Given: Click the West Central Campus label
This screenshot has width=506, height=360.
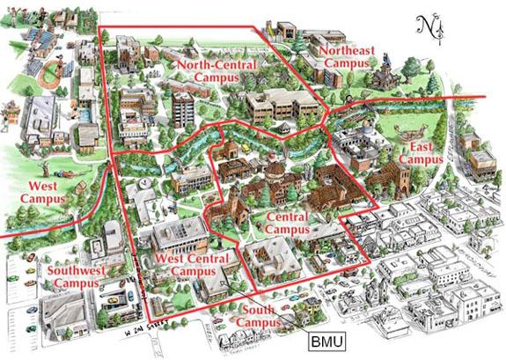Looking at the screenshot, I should tap(191, 263).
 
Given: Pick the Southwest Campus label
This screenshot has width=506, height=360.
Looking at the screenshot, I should tap(73, 277).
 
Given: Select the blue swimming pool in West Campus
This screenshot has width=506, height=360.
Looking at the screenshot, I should tap(83, 113).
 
